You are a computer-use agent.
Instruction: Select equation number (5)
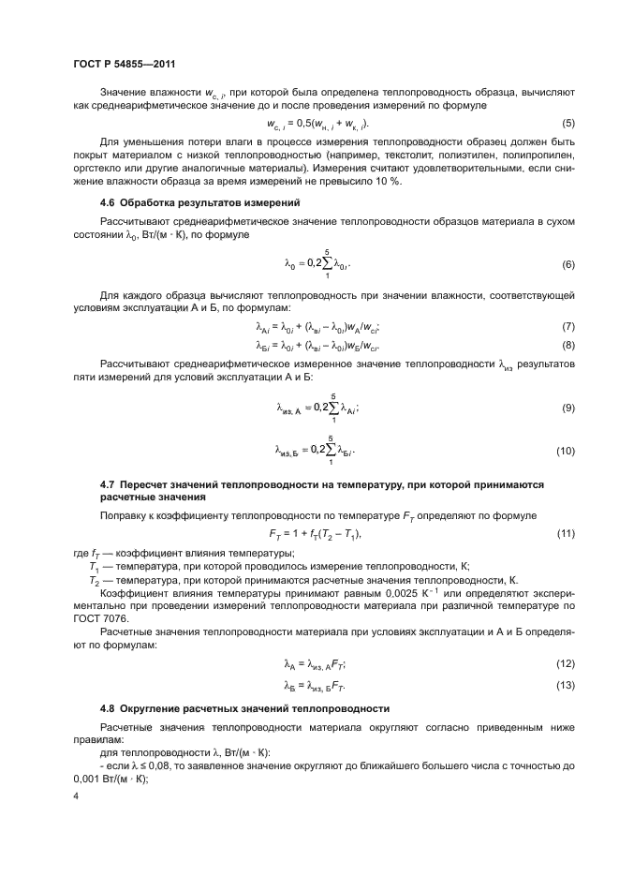point(568,124)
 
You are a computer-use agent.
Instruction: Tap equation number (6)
point(568,265)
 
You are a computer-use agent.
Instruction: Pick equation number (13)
point(566,687)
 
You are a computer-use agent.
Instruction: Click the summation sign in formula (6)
point(328,265)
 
